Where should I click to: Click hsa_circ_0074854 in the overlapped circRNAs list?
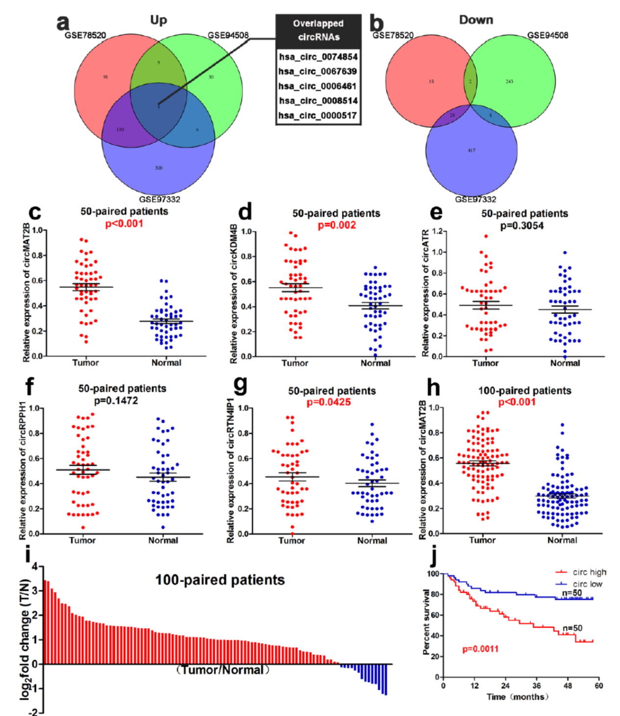click(x=318, y=57)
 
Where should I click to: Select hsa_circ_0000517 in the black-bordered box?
click(x=318, y=116)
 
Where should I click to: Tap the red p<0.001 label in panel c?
click(x=124, y=224)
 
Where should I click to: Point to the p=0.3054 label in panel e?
click(x=521, y=226)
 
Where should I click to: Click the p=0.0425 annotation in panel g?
click(x=328, y=403)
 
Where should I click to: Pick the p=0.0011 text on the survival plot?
click(x=480, y=649)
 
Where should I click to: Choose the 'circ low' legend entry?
click(x=587, y=584)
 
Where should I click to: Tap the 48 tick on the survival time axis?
click(x=568, y=686)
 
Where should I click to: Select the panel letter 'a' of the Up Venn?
click(x=63, y=22)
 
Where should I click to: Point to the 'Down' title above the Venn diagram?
click(x=476, y=20)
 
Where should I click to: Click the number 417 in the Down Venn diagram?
click(x=471, y=150)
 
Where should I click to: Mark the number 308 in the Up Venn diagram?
click(x=159, y=168)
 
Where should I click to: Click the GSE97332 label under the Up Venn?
click(x=159, y=199)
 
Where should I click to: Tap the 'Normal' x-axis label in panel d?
click(x=375, y=364)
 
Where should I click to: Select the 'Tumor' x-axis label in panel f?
click(x=82, y=540)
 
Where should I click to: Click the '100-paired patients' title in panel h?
click(x=524, y=391)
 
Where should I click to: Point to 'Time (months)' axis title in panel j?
click(x=518, y=697)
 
